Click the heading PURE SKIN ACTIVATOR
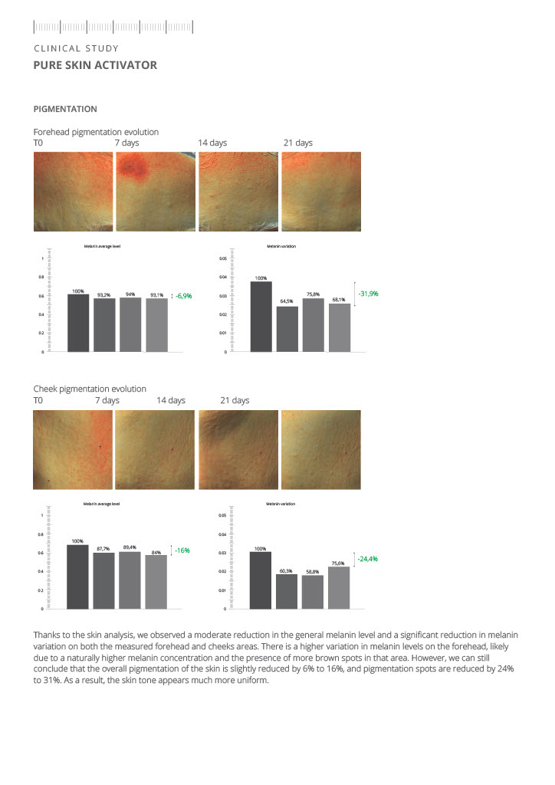tap(95, 65)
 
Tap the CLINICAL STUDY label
tap(76, 48)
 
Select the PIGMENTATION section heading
tap(65, 109)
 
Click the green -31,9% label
tap(368, 294)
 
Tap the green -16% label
tap(182, 550)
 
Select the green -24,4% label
tap(367, 559)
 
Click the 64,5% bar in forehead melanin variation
tap(287, 329)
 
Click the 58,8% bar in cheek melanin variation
tap(314, 592)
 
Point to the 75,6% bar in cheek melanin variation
tap(339, 587)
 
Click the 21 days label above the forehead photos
tap(298, 143)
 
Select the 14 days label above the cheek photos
tap(171, 400)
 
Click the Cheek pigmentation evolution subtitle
tap(90, 389)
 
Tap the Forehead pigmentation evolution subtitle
tap(96, 132)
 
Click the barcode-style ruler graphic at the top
tap(113, 28)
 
